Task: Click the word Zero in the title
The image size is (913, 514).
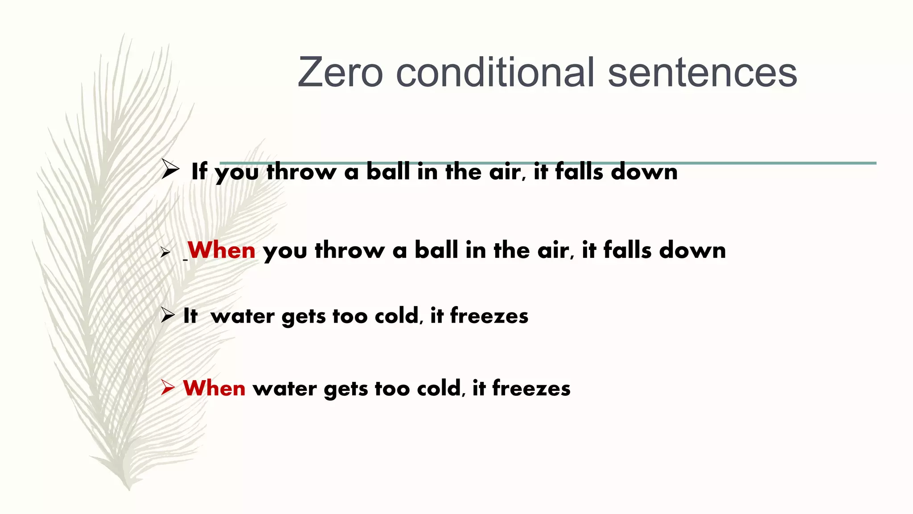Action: coord(340,73)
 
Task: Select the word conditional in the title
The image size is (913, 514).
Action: coord(495,73)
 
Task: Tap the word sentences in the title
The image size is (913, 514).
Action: coord(702,73)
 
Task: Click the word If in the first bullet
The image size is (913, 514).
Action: coord(199,172)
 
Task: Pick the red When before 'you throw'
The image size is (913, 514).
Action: coord(222,250)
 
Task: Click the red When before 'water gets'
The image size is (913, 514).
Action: coord(214,388)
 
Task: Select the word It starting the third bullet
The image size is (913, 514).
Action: coord(190,316)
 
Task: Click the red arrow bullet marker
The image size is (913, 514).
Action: coord(168,387)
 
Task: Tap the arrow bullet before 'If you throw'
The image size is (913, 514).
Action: coord(170,170)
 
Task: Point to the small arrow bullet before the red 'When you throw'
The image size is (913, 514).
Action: coord(165,253)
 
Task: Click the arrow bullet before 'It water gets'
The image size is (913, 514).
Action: coord(168,315)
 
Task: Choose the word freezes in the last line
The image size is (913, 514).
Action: coord(531,388)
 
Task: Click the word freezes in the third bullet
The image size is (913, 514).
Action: coord(489,316)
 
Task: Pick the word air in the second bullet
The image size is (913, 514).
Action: coord(553,250)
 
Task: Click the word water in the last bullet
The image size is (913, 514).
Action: coord(285,388)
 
